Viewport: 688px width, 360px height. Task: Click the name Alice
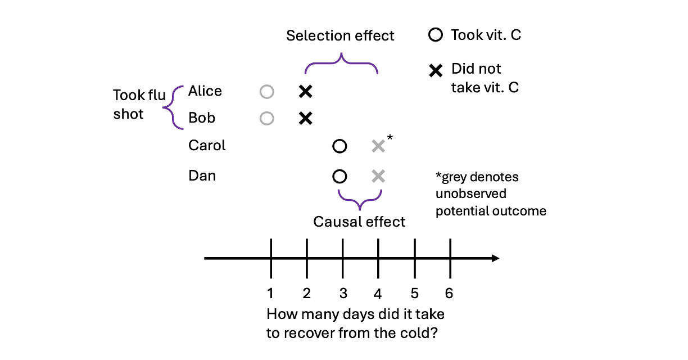click(x=205, y=91)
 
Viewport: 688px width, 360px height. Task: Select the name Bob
click(x=201, y=118)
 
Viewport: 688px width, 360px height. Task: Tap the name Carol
click(x=207, y=146)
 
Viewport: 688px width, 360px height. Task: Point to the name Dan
click(x=202, y=176)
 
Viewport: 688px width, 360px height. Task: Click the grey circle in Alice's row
click(x=267, y=91)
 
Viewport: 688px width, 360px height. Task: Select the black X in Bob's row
click(x=305, y=118)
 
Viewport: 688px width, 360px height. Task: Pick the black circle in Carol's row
click(x=339, y=146)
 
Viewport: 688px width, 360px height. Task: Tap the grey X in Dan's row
click(x=378, y=176)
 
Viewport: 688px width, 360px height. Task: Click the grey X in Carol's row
click(x=378, y=146)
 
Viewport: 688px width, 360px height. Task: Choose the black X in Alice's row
click(x=305, y=91)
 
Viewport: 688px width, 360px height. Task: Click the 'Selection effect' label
click(x=340, y=36)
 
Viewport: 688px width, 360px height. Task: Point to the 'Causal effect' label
click(x=359, y=222)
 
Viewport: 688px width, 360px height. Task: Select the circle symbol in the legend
click(x=435, y=35)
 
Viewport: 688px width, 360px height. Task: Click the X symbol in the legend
click(x=435, y=71)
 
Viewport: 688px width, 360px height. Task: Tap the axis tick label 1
click(x=270, y=293)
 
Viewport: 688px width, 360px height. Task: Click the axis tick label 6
click(x=449, y=293)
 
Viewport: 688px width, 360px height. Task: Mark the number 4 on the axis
click(x=378, y=293)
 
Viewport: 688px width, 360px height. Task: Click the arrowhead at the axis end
click(x=495, y=258)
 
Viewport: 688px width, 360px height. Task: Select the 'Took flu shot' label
click(x=139, y=104)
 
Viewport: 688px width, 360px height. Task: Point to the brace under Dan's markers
click(x=359, y=198)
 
